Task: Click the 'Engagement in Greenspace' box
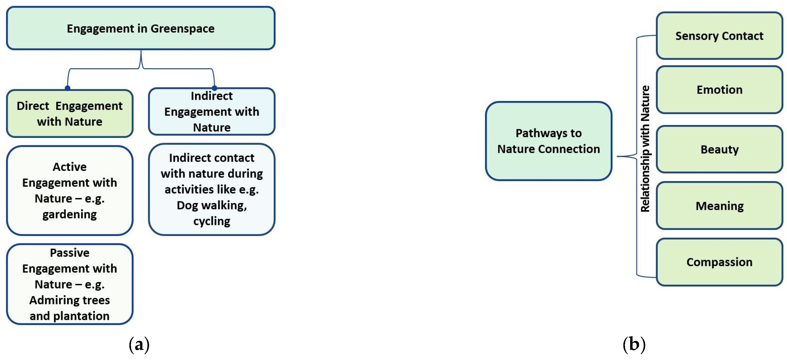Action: point(140,28)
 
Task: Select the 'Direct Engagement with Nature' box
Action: point(70,114)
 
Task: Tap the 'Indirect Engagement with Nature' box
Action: point(212,112)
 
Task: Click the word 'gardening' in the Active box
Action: point(70,215)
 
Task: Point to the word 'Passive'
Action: point(70,253)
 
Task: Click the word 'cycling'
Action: point(212,221)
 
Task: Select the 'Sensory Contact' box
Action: point(719,36)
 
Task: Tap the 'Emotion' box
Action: point(719,90)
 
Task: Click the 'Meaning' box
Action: point(719,206)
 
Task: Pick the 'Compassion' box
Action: point(719,262)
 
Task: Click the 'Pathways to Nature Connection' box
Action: point(548,141)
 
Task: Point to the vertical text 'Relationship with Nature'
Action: point(645,149)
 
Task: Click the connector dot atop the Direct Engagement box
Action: point(68,88)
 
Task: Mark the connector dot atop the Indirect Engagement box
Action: point(215,88)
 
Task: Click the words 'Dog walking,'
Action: point(212,205)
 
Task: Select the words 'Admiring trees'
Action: point(70,300)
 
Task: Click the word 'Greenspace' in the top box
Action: point(182,29)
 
